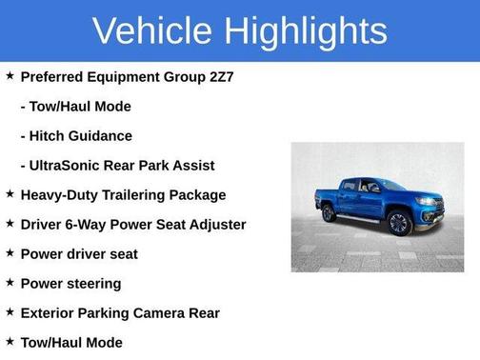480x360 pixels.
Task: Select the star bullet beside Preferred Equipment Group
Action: coord(10,75)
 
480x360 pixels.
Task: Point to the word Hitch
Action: coord(50,135)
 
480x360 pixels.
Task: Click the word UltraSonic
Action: coord(68,165)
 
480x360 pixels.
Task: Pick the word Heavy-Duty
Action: coord(58,194)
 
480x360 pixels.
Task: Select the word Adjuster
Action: coord(216,224)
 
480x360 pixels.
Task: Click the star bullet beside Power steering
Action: coord(10,282)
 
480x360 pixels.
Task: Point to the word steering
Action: coord(93,283)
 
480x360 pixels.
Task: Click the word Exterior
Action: coord(49,312)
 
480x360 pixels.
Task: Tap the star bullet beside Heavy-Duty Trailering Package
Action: coord(10,193)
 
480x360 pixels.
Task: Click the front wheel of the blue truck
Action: coord(398,224)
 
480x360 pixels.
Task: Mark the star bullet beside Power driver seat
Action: coord(10,252)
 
